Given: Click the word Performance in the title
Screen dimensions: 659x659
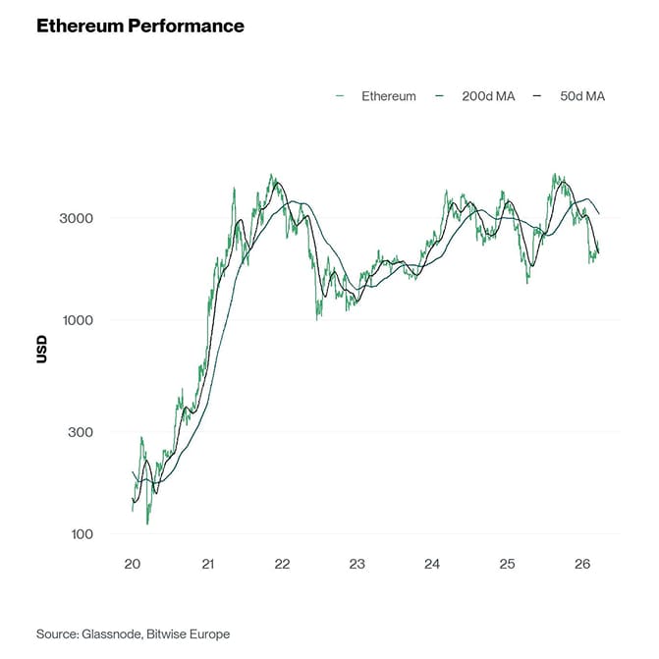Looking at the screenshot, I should point(186,27).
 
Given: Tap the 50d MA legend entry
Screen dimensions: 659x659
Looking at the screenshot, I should point(580,96).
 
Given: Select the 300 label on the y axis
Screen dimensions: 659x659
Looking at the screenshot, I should point(82,432).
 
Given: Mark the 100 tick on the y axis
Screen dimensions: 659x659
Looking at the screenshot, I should point(82,534).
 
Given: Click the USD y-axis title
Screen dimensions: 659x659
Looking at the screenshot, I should point(41,349).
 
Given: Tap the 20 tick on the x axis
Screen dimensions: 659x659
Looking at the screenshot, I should point(133,565).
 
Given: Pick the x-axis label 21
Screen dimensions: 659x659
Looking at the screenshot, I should point(207,565).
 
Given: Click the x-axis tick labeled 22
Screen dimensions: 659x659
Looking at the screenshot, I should point(282,565).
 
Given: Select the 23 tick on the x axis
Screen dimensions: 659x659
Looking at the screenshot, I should point(357,565).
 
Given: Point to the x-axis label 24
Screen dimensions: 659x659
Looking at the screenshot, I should point(432,565).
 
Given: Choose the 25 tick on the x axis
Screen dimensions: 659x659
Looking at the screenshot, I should point(507,565).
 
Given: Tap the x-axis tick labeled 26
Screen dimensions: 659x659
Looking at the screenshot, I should point(581,565).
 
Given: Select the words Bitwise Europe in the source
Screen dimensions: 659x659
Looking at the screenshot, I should point(188,633).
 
